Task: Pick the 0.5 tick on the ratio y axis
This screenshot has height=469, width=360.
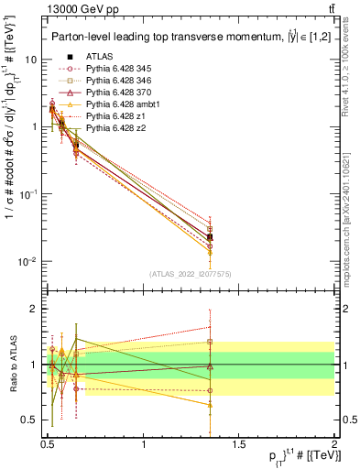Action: [x=28, y=420]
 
